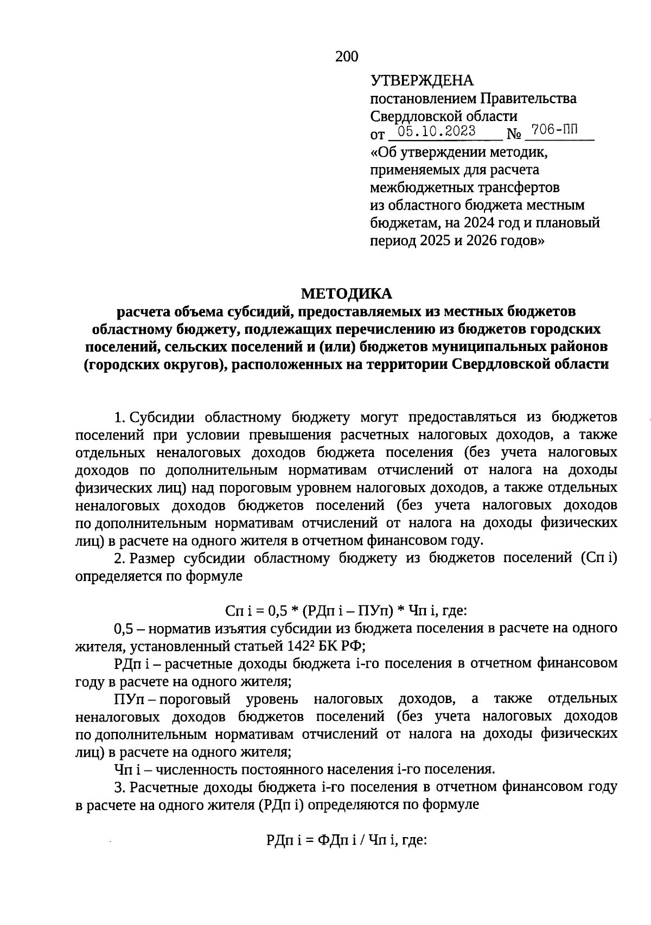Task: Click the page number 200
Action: (x=347, y=56)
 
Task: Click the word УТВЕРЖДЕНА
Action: (x=422, y=81)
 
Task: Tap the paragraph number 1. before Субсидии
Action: (x=120, y=417)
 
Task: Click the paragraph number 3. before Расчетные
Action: (x=120, y=787)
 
